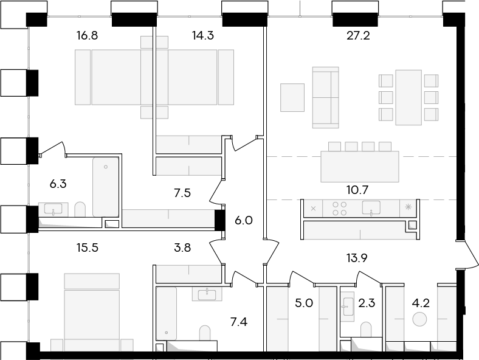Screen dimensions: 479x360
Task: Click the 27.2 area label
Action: [x=358, y=36]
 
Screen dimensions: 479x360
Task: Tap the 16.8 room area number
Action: [x=87, y=36]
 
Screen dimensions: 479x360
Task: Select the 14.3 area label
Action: [x=202, y=36]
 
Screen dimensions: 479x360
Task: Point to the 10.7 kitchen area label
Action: [x=357, y=190]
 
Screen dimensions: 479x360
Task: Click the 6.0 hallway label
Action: [x=244, y=220]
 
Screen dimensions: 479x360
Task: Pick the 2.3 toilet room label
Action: [x=367, y=303]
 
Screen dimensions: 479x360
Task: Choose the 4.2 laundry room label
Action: [x=421, y=303]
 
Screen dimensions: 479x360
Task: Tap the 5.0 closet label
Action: [x=304, y=303]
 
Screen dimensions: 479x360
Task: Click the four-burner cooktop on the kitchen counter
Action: [x=339, y=209]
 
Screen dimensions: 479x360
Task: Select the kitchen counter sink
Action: [x=371, y=208]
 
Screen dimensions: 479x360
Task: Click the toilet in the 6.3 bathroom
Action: [x=80, y=209]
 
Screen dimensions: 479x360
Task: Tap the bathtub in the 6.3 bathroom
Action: [x=106, y=187]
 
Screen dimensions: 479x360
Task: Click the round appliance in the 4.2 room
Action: [x=419, y=319]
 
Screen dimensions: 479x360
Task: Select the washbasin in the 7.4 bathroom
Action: [x=207, y=294]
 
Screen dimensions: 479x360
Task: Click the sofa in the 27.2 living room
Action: [x=326, y=97]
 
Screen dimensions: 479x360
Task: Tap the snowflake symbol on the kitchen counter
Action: [x=408, y=207]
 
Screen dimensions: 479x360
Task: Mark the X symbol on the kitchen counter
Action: [x=313, y=209]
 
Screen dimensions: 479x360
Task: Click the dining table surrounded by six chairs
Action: [x=408, y=97]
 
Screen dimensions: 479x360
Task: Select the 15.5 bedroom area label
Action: [x=87, y=247]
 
